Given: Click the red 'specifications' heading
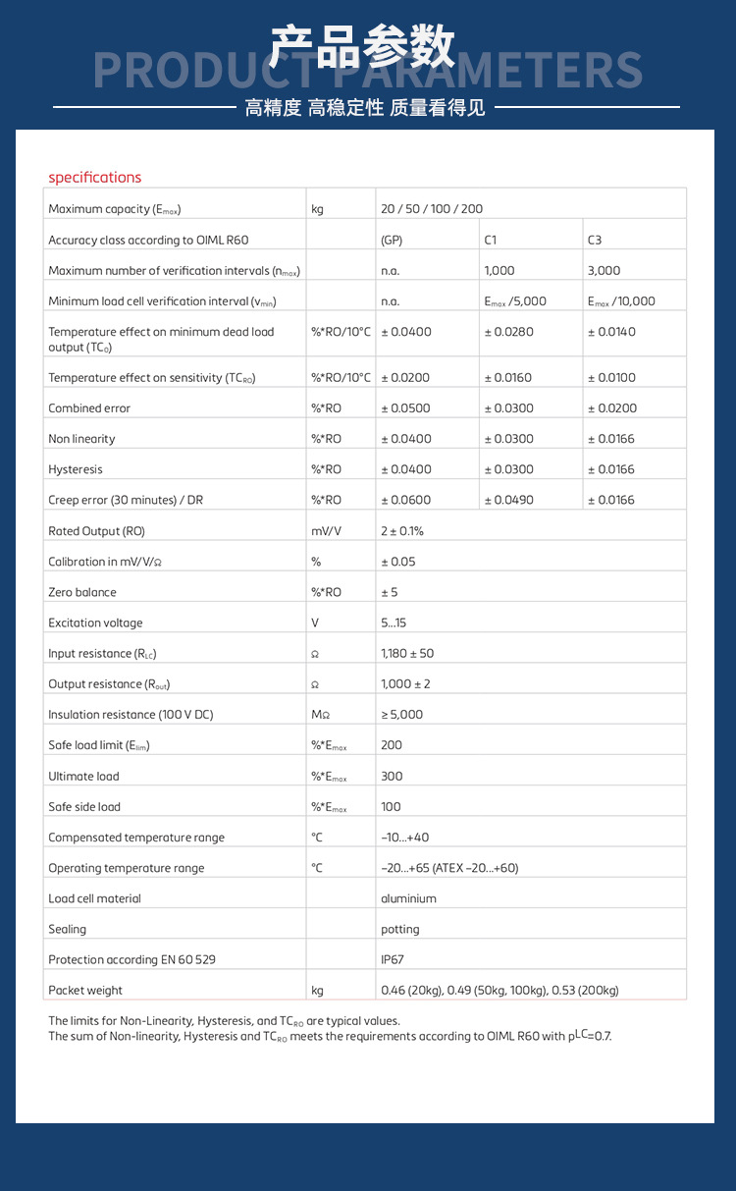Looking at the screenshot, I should coord(95,178).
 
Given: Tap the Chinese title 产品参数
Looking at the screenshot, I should coord(363,46).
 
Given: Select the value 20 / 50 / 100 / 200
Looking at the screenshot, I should coord(432,209).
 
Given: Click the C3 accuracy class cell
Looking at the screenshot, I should coord(595,240).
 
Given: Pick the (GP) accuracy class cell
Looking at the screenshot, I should coord(392,240).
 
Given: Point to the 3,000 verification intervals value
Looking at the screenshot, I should coord(604,270).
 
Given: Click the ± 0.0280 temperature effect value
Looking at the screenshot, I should coord(508,332).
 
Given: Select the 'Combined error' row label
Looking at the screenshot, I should coord(89,408).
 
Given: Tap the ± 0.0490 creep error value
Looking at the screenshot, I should coord(508,500).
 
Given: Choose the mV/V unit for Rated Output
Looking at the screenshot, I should coord(326,531).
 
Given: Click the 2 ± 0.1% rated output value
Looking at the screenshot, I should coord(402,531).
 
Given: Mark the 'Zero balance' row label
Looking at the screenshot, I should coord(82,592).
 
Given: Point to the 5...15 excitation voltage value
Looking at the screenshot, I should coord(394,623).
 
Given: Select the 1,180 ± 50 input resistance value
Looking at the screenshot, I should coord(407,653).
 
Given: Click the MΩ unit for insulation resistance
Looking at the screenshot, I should coord(321,715).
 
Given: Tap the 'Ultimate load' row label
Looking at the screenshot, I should coord(83,777).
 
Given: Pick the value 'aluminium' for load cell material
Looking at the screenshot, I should coord(408,898).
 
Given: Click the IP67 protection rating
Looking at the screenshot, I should coord(392,959).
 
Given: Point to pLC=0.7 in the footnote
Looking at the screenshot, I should coord(589,1036).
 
